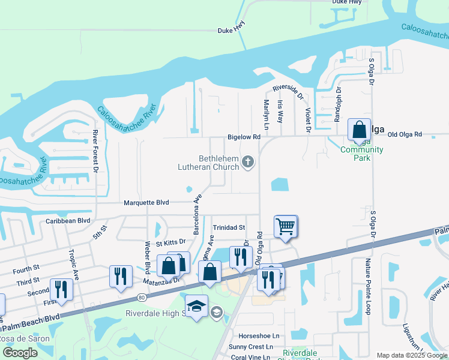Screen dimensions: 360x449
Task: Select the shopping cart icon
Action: [285, 227]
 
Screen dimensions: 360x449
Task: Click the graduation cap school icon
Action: [196, 307]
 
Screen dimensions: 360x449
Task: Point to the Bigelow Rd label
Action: [244, 137]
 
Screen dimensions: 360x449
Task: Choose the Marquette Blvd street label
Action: [146, 203]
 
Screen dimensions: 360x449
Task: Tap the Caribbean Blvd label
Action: [68, 220]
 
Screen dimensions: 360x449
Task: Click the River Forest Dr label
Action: [95, 152]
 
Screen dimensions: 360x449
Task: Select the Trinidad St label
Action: [229, 227]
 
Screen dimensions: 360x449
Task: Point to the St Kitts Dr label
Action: [171, 243]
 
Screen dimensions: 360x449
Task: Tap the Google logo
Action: [20, 352]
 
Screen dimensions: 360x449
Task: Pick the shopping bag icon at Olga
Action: [359, 130]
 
